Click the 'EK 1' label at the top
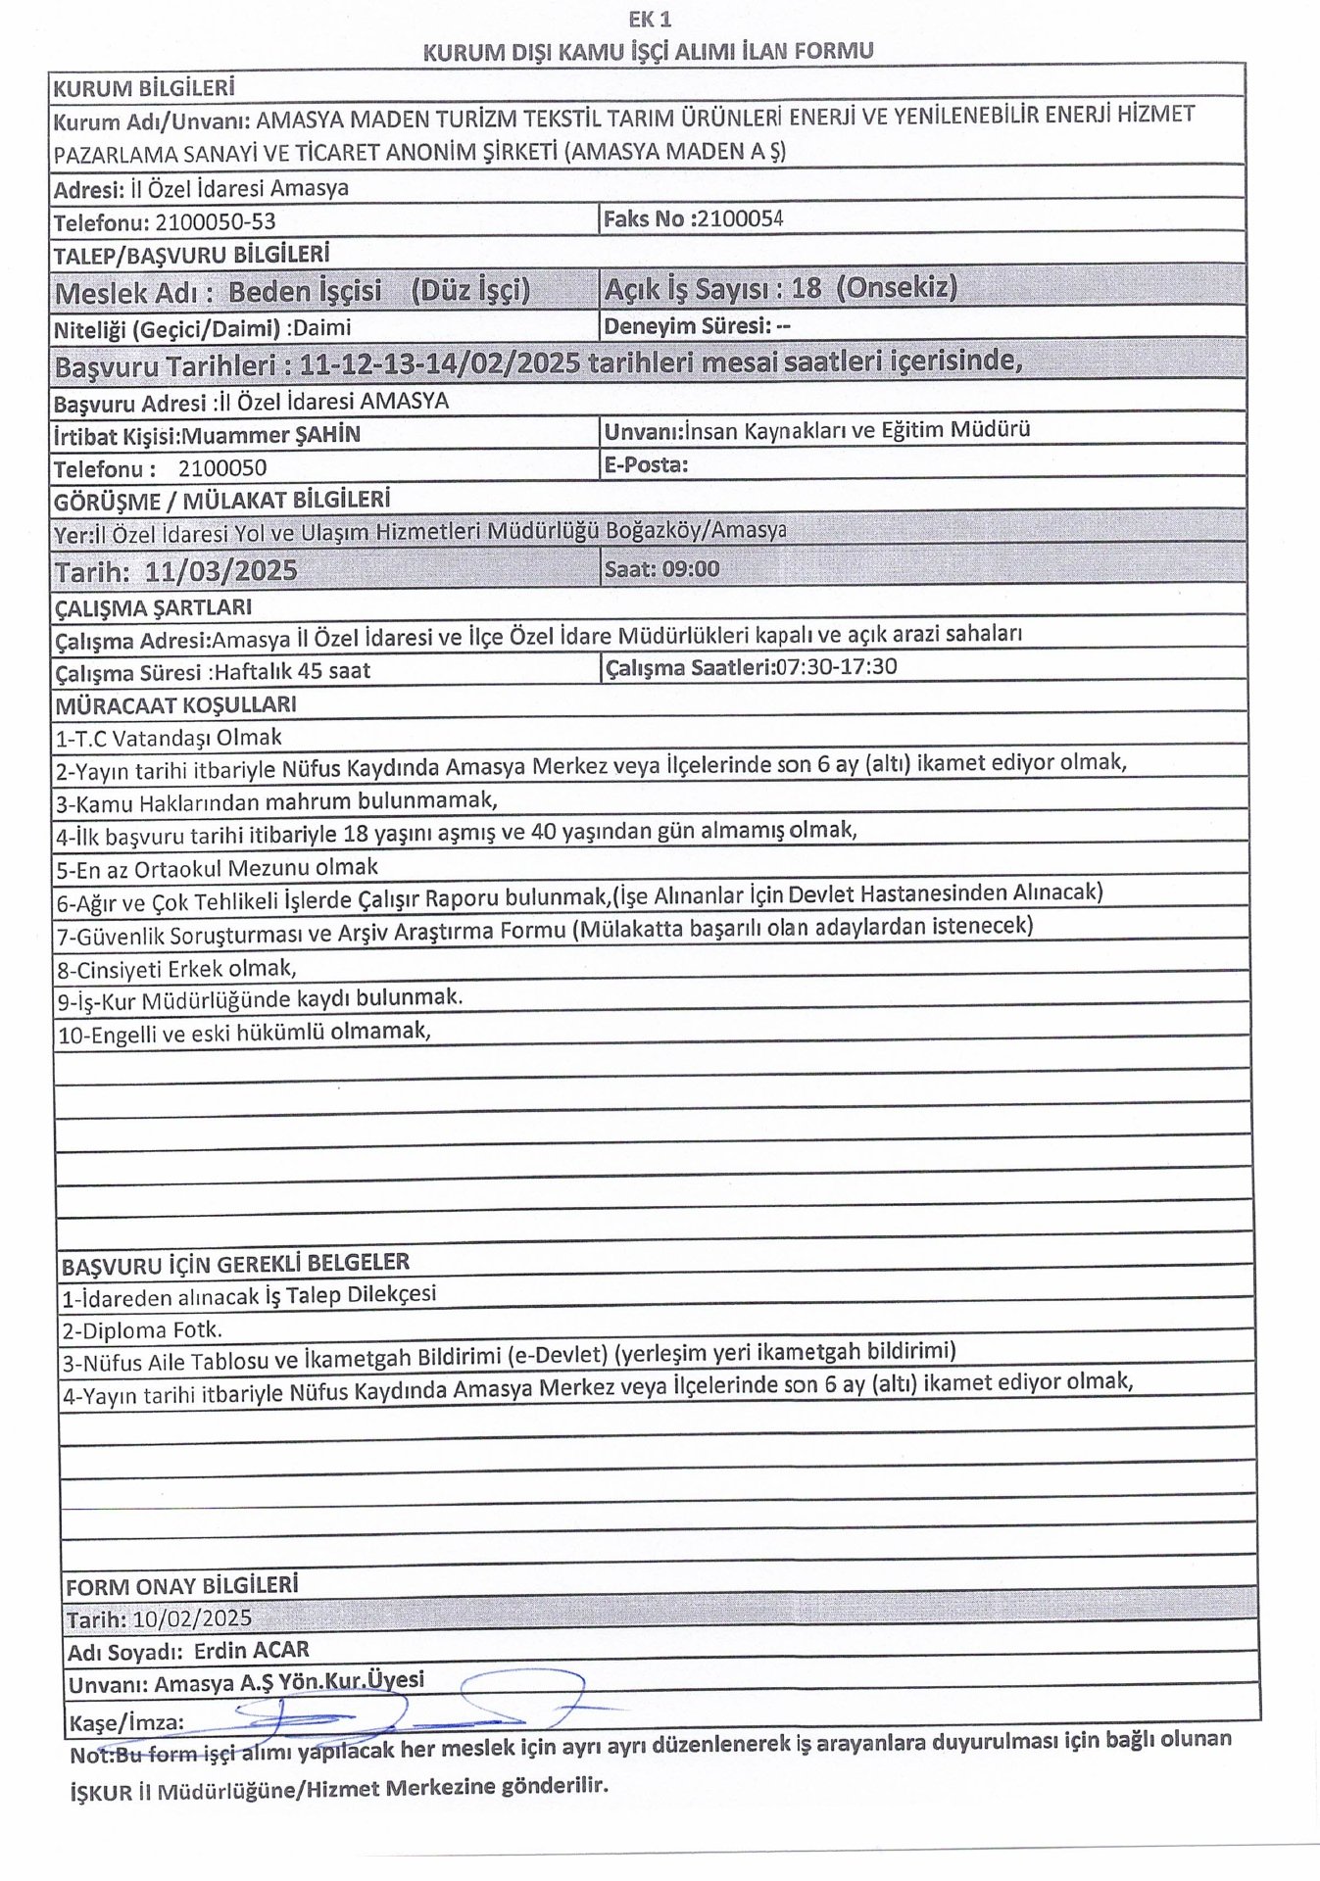[x=650, y=19]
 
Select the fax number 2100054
[x=740, y=218]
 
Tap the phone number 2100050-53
[x=216, y=222]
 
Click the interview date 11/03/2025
[x=220, y=571]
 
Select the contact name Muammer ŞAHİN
[x=271, y=435]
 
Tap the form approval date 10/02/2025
[x=192, y=1617]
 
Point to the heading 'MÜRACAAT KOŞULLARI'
[x=175, y=705]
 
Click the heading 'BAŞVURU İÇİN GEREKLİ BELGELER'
[x=235, y=1265]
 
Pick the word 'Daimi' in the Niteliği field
[x=322, y=328]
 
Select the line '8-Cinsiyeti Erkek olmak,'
[x=176, y=969]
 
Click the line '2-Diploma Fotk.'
[x=142, y=1329]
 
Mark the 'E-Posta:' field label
[x=646, y=464]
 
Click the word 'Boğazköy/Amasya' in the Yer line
[x=697, y=530]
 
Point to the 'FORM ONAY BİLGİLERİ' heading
[x=181, y=1586]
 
